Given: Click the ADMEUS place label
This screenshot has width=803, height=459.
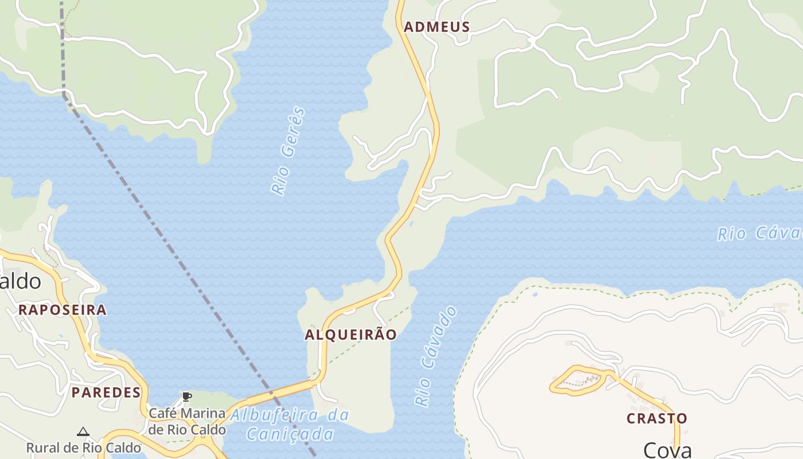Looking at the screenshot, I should (x=436, y=27).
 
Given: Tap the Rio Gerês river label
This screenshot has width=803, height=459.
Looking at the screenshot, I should (x=289, y=151).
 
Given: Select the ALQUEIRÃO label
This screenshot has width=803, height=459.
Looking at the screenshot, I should (x=350, y=335).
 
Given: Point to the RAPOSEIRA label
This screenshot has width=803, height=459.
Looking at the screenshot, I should (x=62, y=310).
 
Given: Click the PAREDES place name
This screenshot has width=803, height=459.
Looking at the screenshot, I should (x=106, y=393).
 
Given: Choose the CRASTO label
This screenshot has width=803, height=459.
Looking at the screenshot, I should (x=657, y=419).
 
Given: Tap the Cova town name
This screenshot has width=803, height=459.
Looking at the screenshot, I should (x=667, y=450).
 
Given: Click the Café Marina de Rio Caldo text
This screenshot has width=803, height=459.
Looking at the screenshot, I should (x=187, y=421).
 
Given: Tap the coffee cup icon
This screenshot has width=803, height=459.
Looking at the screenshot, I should (x=186, y=396).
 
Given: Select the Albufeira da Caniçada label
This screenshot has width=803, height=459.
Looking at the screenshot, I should (x=290, y=425).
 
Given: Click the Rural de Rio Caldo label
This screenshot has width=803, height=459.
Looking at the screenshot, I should (x=83, y=448).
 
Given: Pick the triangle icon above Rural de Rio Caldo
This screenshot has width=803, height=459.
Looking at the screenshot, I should (x=83, y=431).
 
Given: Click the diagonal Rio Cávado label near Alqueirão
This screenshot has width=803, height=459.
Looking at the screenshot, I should (x=436, y=356).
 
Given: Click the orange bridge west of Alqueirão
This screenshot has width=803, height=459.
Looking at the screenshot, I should (x=281, y=391).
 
